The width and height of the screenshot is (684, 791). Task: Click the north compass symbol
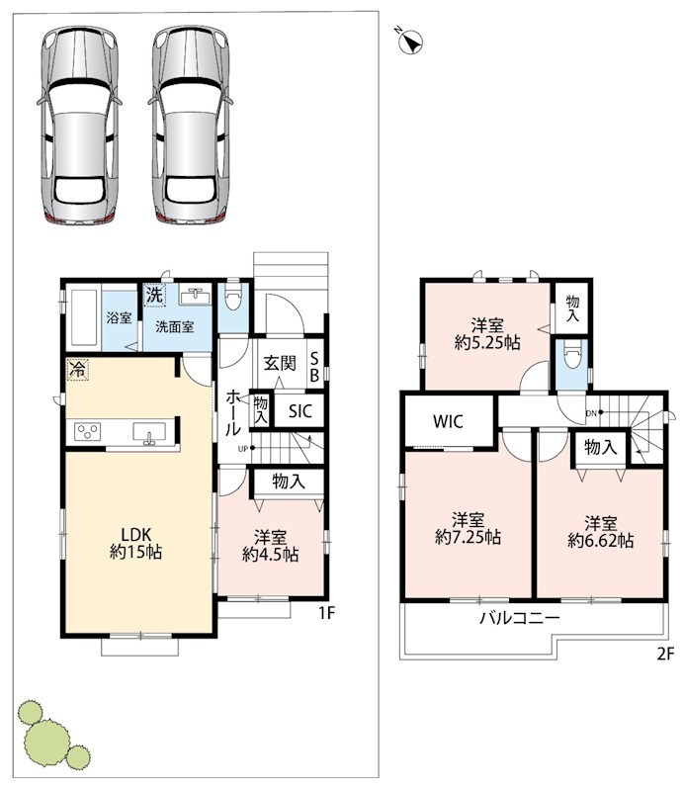[411, 42]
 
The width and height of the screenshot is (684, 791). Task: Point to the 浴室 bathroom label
[119, 317]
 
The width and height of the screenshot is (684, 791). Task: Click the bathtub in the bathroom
[83, 316]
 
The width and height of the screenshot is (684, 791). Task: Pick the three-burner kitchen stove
[87, 432]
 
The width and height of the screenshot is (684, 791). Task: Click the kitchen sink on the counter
[149, 433]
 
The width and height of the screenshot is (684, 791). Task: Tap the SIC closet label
[300, 411]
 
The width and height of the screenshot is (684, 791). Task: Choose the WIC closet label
[448, 421]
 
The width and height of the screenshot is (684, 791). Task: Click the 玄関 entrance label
[280, 363]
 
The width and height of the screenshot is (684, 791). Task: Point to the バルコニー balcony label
[520, 618]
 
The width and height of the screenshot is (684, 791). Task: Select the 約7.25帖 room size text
[468, 537]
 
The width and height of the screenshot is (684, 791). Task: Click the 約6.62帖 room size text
[600, 540]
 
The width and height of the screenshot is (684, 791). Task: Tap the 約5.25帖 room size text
[487, 342]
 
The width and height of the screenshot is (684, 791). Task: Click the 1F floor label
[326, 612]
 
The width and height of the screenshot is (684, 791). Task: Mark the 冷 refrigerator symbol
[77, 369]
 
